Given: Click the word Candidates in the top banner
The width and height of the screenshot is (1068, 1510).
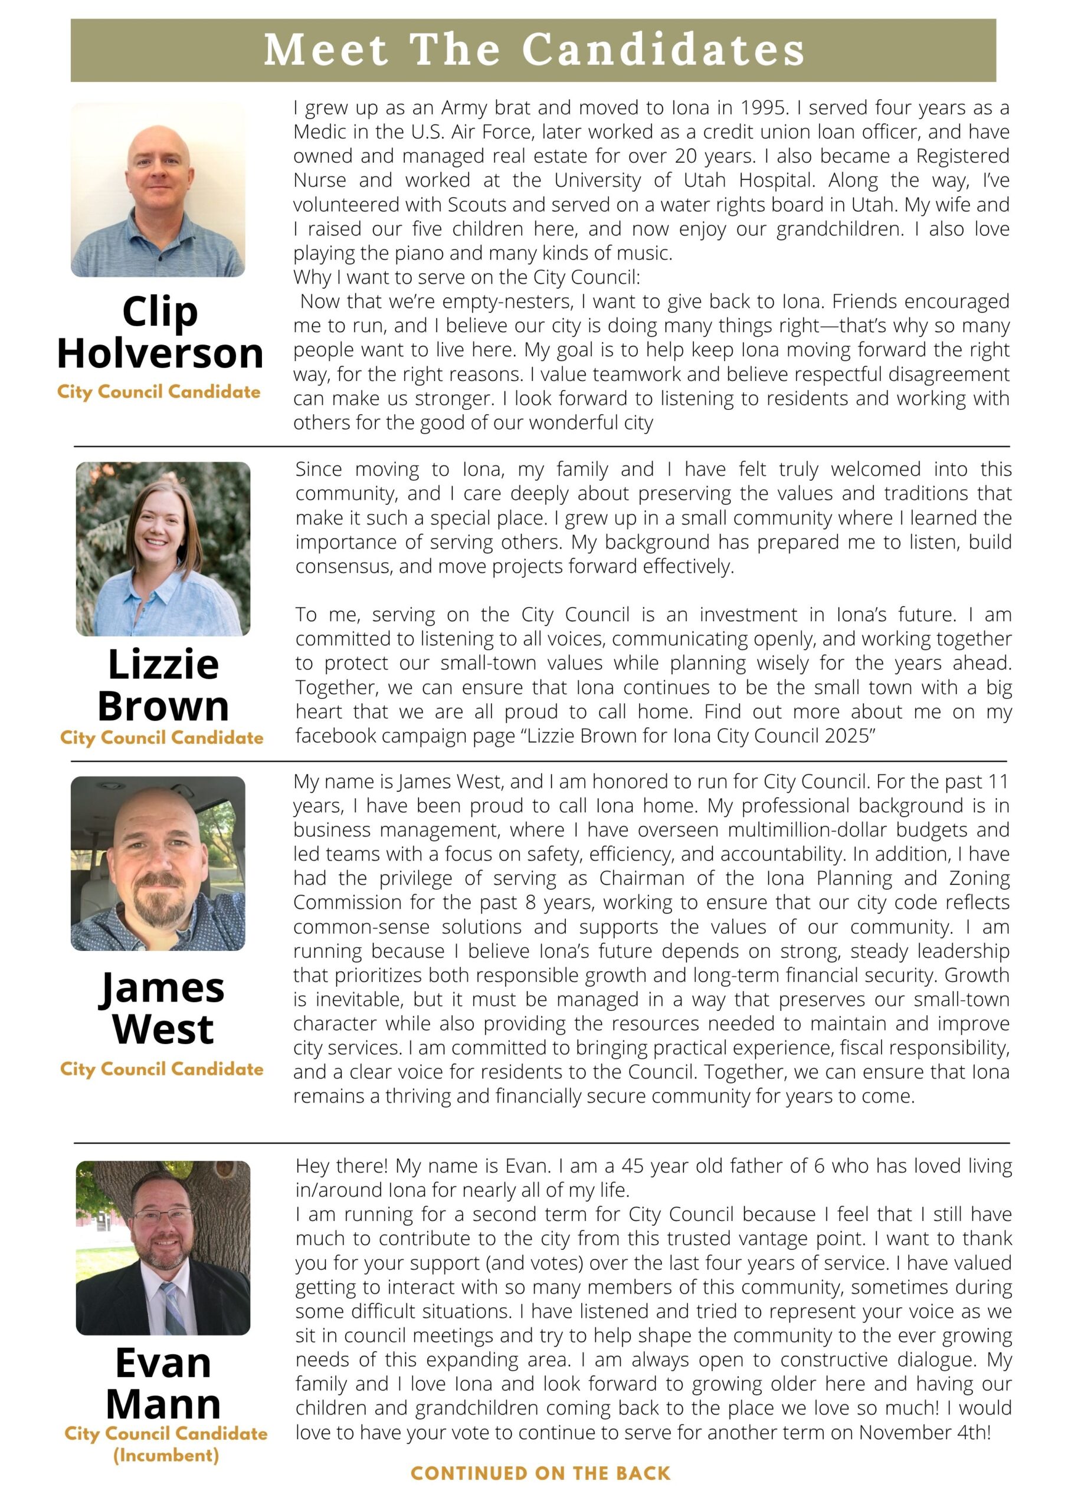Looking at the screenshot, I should [x=663, y=50].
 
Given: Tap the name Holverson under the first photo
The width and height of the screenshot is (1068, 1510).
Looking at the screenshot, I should [x=160, y=353].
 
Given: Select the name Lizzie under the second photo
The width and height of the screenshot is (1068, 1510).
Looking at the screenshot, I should [x=163, y=664].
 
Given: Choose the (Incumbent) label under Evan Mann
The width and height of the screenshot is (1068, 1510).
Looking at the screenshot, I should [x=166, y=1455].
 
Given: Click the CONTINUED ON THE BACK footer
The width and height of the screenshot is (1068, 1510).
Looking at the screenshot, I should [x=540, y=1473].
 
